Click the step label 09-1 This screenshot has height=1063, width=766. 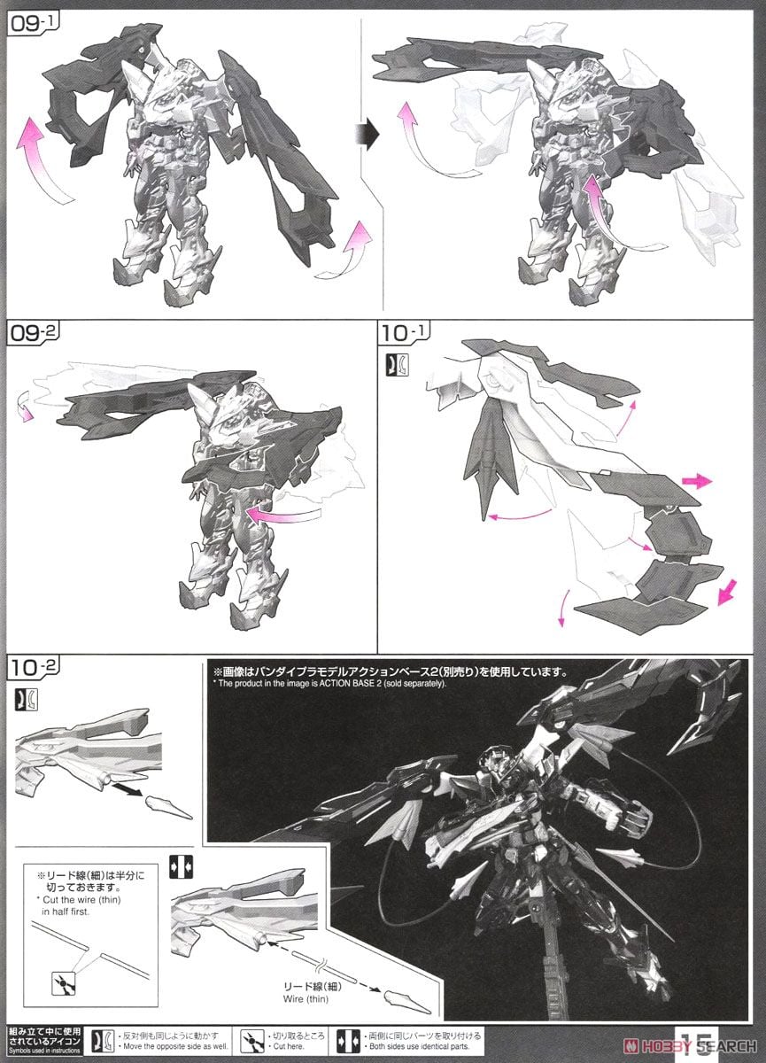31,24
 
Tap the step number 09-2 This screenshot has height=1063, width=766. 31,334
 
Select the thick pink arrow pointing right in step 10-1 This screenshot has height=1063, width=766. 698,481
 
